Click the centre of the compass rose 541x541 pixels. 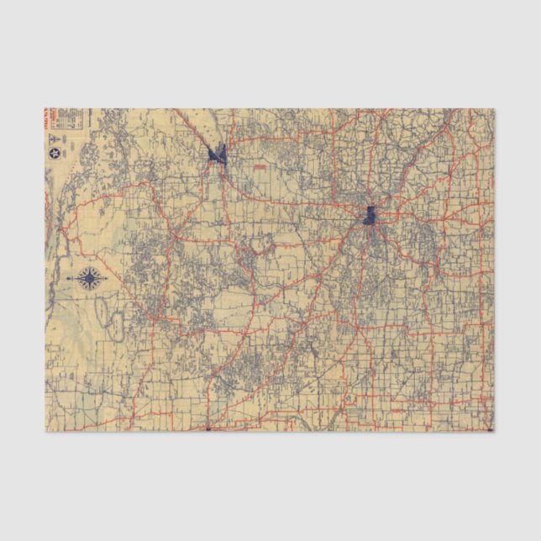click(x=91, y=278)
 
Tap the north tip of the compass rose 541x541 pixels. click(x=91, y=266)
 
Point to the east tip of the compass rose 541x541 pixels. click(x=106, y=278)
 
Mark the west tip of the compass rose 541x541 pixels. click(x=76, y=278)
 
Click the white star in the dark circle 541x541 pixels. click(x=55, y=153)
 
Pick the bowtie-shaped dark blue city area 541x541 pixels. click(x=218, y=154)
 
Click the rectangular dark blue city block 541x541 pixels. click(x=370, y=215)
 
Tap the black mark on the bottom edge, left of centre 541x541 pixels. click(x=207, y=429)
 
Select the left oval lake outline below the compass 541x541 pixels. click(x=102, y=312)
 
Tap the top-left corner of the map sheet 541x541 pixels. click(x=45, y=108)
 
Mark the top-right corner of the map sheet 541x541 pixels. click(x=494, y=108)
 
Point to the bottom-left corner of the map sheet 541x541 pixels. click(x=45, y=431)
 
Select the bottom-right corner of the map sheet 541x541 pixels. click(x=494, y=431)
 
